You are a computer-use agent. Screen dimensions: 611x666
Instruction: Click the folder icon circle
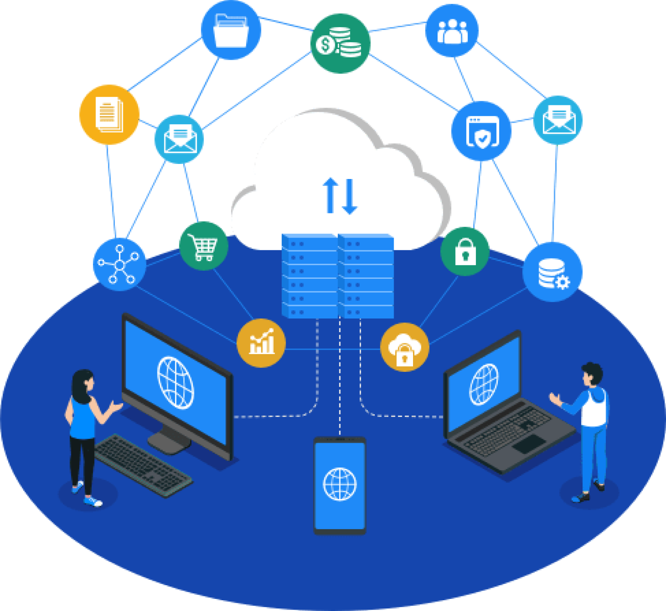pos(231,30)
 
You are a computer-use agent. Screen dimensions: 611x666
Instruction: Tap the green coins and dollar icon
pos(340,43)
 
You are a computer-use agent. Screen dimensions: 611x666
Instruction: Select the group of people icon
pos(452,31)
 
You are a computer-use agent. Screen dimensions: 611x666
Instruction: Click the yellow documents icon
pos(109,114)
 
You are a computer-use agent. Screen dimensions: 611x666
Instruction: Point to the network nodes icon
pos(119,264)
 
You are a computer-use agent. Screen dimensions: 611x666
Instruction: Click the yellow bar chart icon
pos(261,343)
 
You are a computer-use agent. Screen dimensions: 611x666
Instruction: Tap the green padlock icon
pos(465,251)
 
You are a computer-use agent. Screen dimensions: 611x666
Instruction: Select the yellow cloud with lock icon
pos(404,347)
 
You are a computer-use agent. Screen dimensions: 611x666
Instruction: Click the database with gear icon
pos(552,272)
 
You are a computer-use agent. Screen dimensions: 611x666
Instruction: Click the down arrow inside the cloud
pos(350,197)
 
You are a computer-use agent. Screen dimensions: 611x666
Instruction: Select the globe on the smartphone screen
pos(340,484)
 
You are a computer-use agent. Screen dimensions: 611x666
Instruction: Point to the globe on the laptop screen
pos(484,384)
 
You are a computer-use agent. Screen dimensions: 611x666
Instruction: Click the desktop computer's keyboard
pos(142,465)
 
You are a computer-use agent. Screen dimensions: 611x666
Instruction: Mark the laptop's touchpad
pos(528,443)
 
